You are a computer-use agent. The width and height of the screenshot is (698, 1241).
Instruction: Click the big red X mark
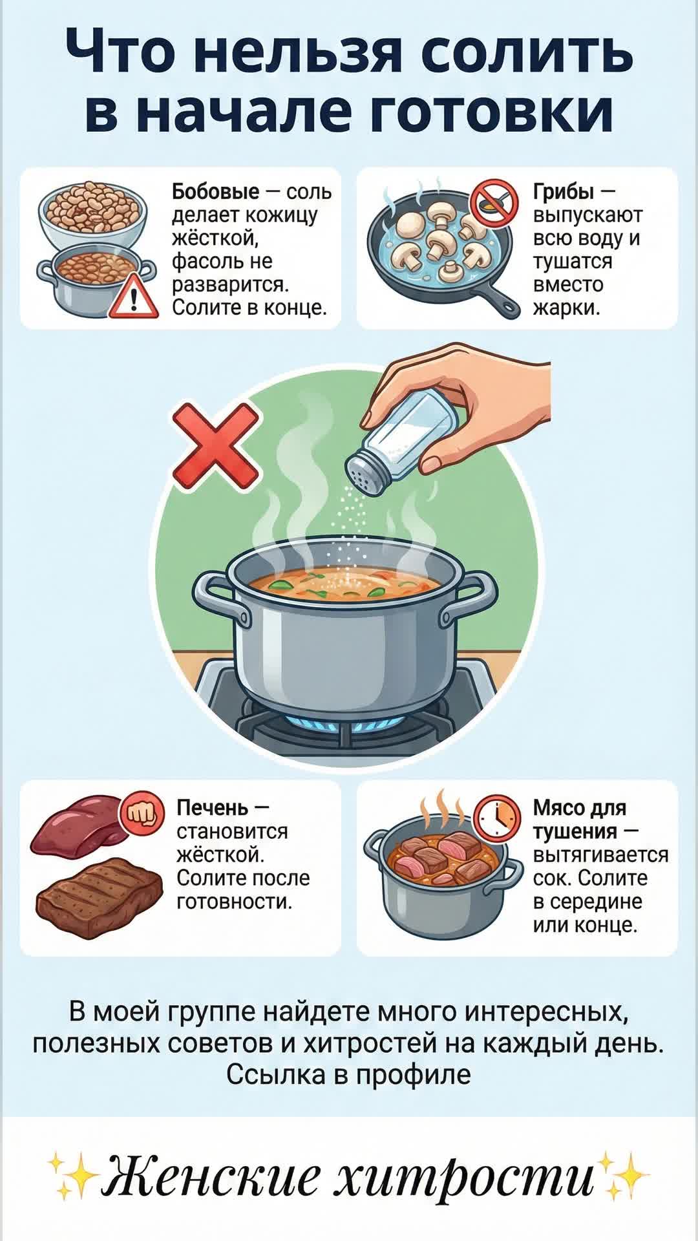coord(215,447)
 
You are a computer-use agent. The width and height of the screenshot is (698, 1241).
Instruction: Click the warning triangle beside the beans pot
coord(134,297)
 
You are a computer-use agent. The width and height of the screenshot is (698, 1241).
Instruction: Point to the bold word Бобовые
coord(215,191)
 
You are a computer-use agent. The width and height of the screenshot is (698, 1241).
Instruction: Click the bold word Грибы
coord(564,192)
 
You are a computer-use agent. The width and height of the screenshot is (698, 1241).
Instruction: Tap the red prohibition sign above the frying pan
coord(494,201)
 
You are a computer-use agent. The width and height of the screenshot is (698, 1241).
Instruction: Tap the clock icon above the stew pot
coord(498,816)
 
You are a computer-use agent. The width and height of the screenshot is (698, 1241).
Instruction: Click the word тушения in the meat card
coord(575,831)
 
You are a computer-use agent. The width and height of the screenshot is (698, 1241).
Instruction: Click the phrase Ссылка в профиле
coord(349,1074)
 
